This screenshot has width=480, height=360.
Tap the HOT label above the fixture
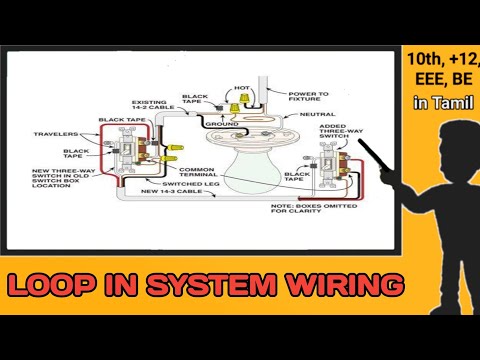coord(241,88)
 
